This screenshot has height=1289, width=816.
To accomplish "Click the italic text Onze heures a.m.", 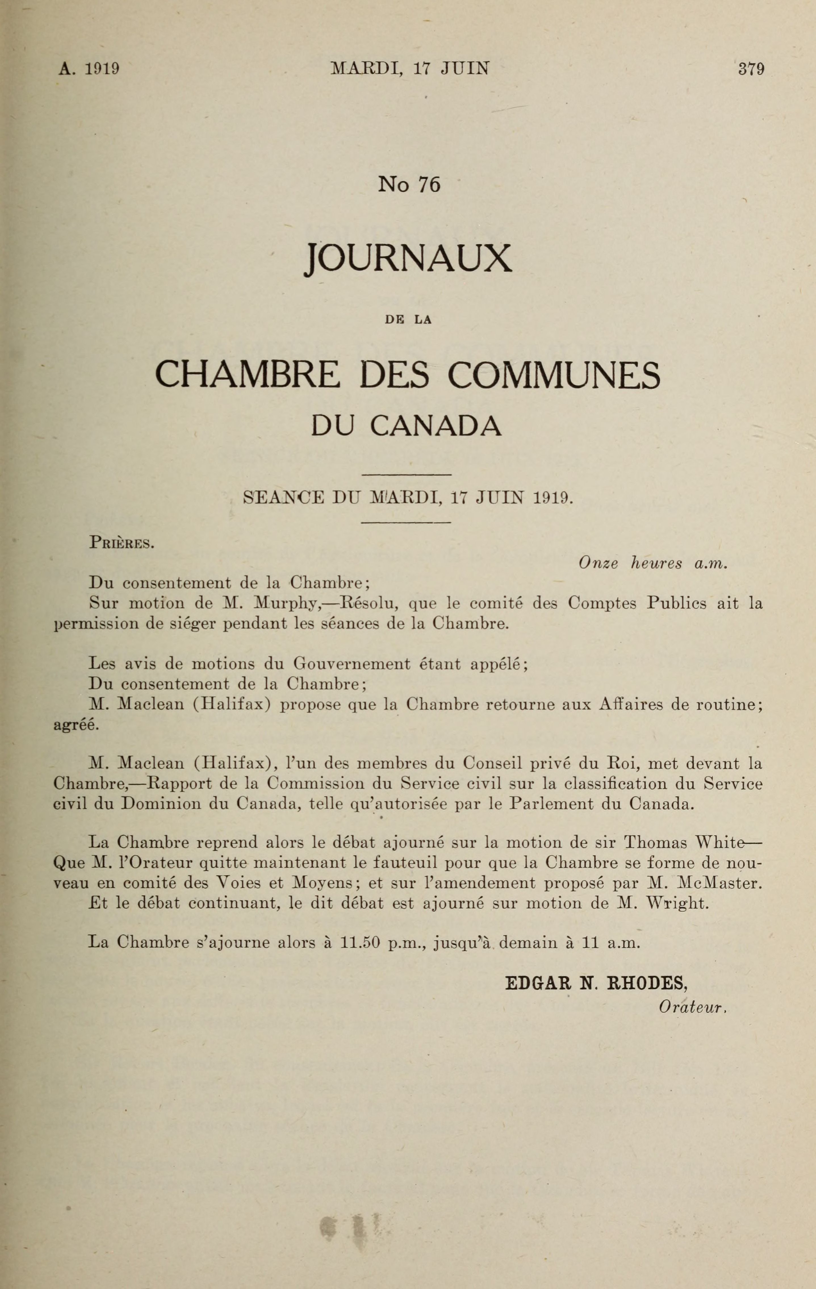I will point(652,563).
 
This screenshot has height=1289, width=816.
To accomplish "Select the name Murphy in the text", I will point(287,604).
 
